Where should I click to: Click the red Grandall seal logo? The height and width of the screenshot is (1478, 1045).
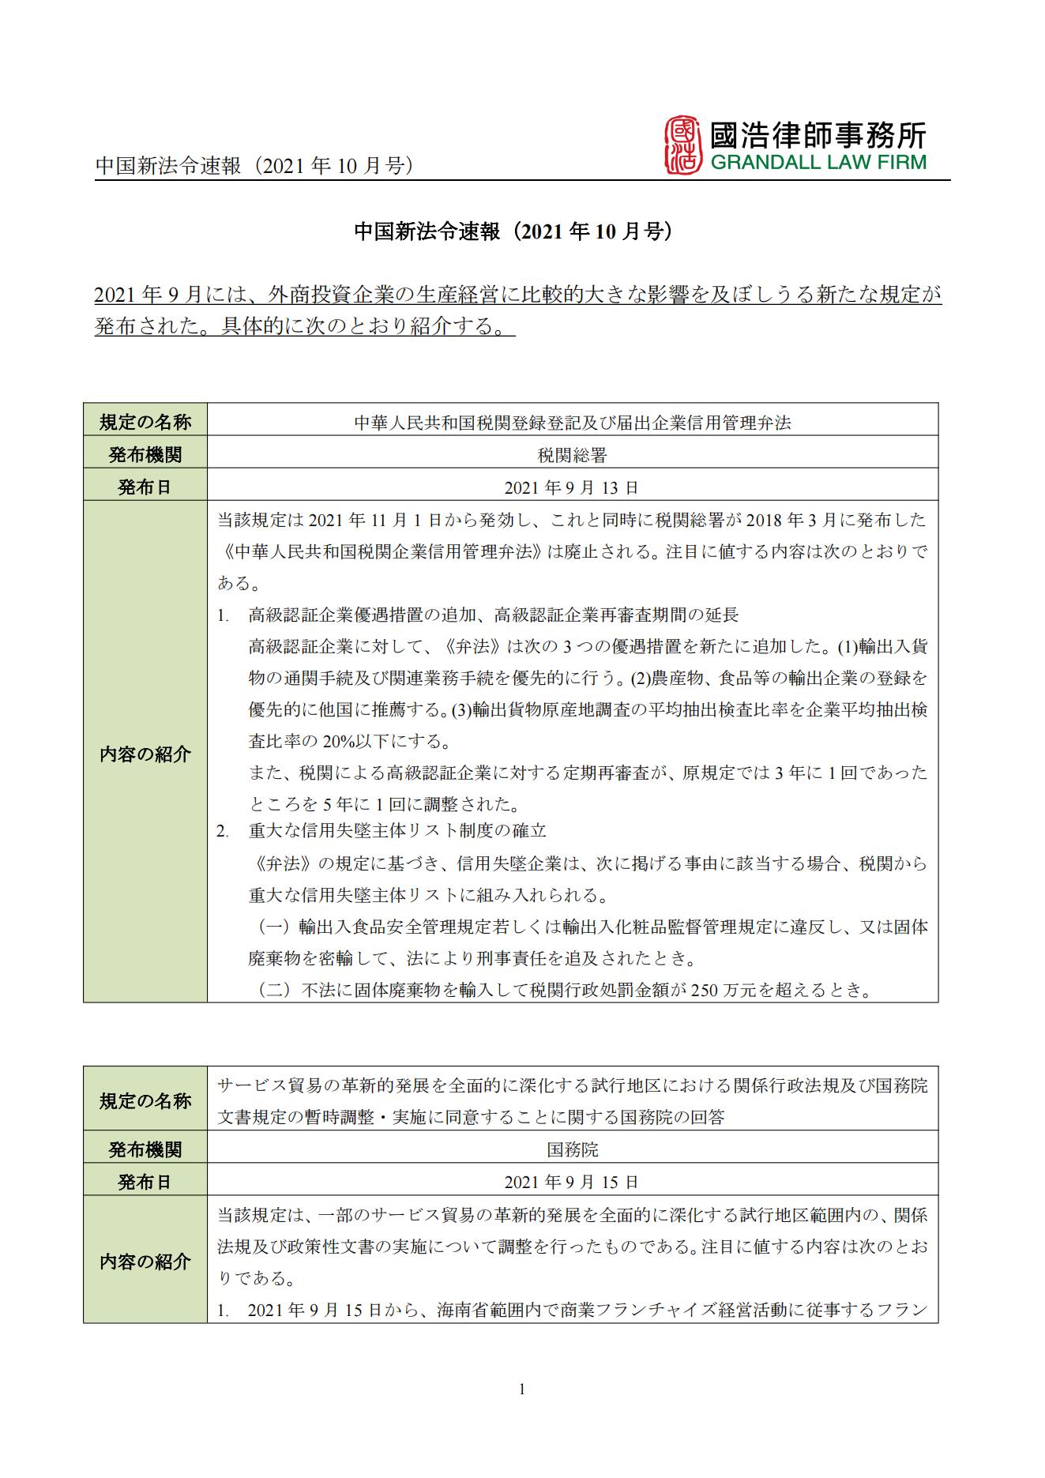pos(683,145)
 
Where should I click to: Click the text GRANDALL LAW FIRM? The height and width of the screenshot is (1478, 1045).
pos(818,163)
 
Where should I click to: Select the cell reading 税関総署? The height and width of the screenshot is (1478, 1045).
pos(572,454)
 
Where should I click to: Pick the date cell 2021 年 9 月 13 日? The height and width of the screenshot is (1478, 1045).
pos(572,487)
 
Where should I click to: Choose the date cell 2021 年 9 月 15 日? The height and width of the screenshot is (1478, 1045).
pos(572,1183)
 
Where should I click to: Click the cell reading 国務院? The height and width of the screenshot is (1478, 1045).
pos(572,1149)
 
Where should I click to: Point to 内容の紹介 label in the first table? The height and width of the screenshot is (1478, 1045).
pos(145,754)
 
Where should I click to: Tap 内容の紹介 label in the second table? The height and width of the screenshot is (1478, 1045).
pos(145,1262)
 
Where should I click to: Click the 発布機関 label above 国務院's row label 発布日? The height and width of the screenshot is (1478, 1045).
pos(145,1149)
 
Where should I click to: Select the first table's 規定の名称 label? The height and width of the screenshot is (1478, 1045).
pos(145,422)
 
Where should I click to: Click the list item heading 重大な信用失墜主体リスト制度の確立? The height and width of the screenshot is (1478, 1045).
pos(397,831)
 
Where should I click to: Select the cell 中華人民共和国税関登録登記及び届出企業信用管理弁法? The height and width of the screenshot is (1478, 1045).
pos(572,423)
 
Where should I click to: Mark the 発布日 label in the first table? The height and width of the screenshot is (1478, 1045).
pos(145,487)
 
